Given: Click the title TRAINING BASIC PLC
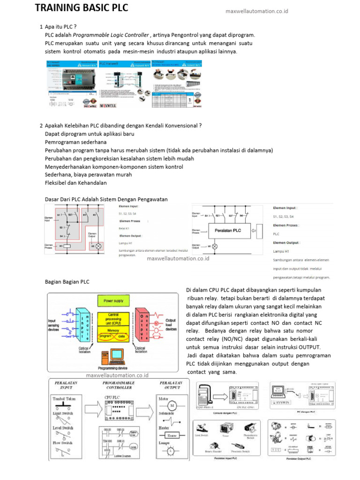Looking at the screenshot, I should tap(82, 8).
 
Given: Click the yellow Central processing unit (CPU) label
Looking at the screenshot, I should tap(113, 319).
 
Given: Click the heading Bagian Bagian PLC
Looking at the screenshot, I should tap(67, 282).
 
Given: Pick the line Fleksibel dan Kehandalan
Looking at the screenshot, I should tap(76, 183).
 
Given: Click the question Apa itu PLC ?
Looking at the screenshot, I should tap(60, 27).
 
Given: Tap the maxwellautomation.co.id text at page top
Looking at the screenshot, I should tap(257, 11).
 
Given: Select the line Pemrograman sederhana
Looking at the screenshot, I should tap(76, 142).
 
